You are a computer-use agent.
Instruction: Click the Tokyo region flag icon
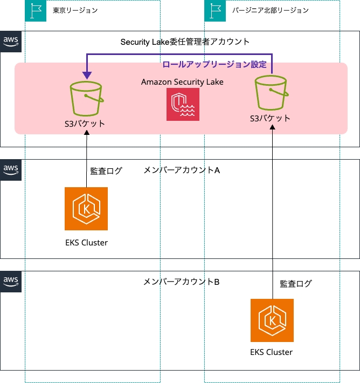tap(36, 10)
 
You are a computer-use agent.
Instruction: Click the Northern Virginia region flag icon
tap(215, 10)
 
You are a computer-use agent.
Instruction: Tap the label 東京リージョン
tap(75, 10)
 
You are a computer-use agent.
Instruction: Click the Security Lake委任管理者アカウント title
tap(185, 42)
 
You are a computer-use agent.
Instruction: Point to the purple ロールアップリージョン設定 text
tap(214, 64)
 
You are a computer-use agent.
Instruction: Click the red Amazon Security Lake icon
tap(183, 104)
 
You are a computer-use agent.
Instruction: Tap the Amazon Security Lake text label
tap(182, 82)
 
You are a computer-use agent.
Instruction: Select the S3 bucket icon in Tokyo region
tap(86, 99)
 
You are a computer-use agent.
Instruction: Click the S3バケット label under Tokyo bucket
tap(85, 124)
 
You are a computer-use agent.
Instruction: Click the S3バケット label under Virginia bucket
tap(270, 118)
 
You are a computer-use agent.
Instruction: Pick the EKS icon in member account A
tap(86, 209)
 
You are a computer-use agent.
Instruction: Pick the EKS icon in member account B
tap(272, 320)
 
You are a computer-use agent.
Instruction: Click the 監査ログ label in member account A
tap(106, 171)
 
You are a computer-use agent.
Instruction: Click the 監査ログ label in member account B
tap(296, 283)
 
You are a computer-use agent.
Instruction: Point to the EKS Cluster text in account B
tap(272, 352)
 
